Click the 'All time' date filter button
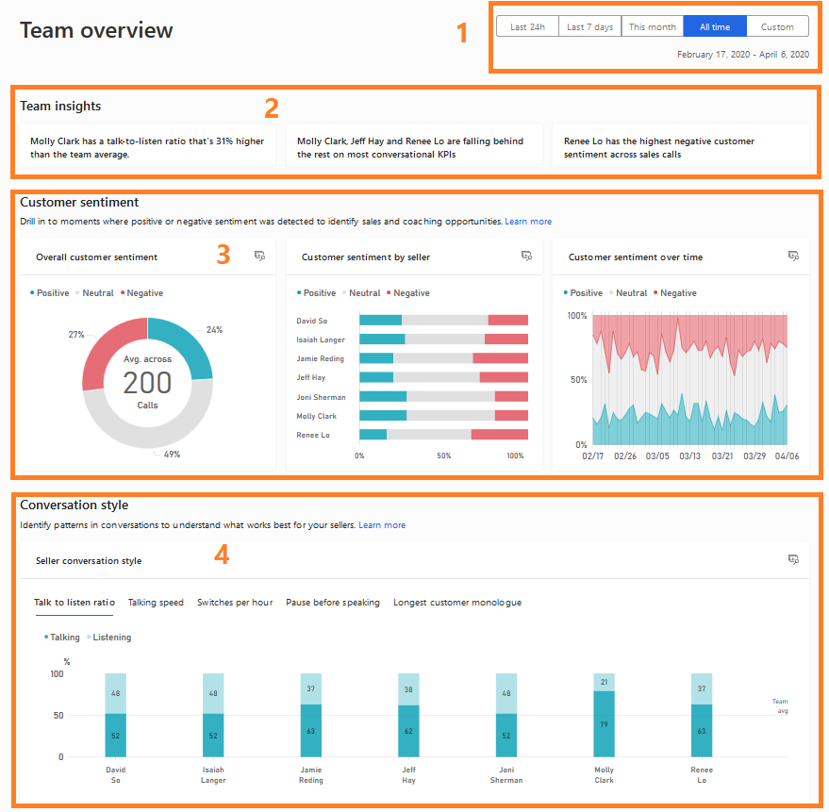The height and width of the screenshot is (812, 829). tap(715, 27)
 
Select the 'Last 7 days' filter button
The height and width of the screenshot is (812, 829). tap(589, 27)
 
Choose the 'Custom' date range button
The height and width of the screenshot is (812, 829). tap(777, 27)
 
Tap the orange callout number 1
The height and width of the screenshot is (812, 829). tap(462, 34)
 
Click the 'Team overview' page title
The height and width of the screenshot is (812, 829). tap(96, 30)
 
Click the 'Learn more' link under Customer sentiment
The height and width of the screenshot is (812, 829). tap(528, 222)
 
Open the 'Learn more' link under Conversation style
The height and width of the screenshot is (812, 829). tap(382, 525)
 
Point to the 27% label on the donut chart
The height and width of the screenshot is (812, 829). tap(76, 335)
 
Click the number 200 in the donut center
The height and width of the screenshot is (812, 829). tap(148, 383)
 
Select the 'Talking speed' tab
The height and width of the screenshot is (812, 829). tap(156, 603)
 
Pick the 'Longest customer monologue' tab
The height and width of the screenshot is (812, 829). tap(457, 603)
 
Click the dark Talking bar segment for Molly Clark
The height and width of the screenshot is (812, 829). tap(605, 723)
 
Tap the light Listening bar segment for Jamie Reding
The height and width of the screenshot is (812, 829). tap(311, 688)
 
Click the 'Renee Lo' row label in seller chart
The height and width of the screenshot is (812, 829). tap(313, 435)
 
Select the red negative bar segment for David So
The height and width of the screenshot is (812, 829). tap(507, 321)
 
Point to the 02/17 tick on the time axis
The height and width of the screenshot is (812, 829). tap(593, 456)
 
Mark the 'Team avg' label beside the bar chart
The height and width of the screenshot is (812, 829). tap(780, 706)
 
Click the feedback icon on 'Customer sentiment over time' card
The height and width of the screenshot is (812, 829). tap(793, 256)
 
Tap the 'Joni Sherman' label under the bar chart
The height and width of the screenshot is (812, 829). tap(506, 775)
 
